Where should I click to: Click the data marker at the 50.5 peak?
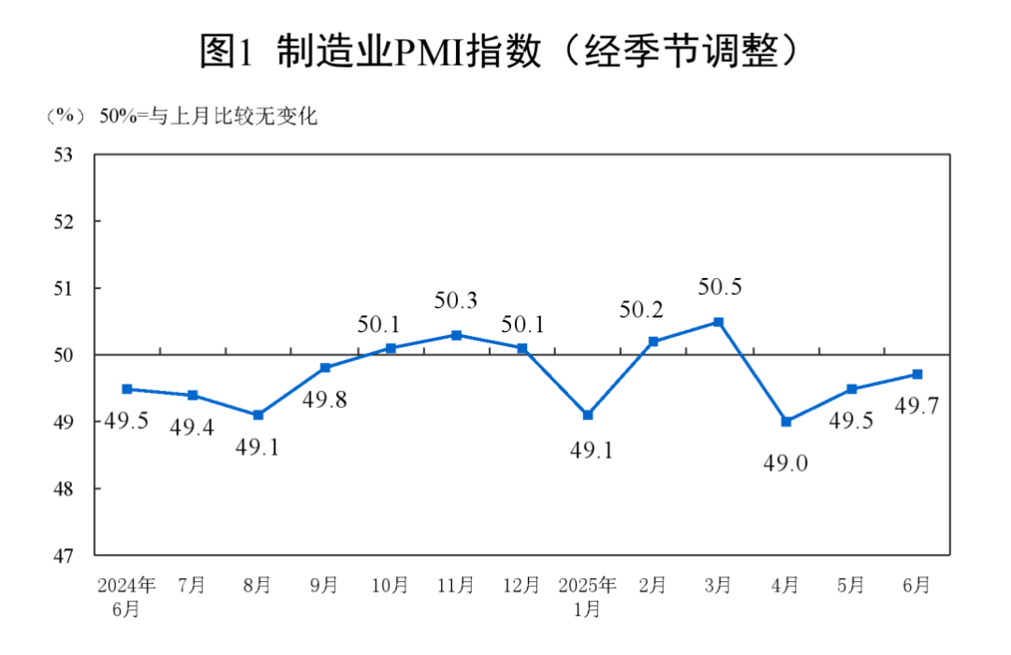pyautogui.click(x=719, y=322)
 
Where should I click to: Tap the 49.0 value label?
pyautogui.click(x=784, y=461)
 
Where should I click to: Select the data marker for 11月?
pyautogui.click(x=456, y=335)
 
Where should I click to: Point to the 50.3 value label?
pyautogui.click(x=456, y=301)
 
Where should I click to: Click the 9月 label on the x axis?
pyautogui.click(x=324, y=586)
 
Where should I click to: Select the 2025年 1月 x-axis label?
pyautogui.click(x=587, y=597)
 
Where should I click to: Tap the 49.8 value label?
pyautogui.click(x=324, y=401)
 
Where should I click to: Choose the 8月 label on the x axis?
pyautogui.click(x=257, y=586)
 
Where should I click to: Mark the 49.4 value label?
pyautogui.click(x=192, y=429)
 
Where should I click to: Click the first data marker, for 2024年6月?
pyautogui.click(x=126, y=389)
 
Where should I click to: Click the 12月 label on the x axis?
pyautogui.click(x=521, y=586)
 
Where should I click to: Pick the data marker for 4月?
pyautogui.click(x=785, y=422)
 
